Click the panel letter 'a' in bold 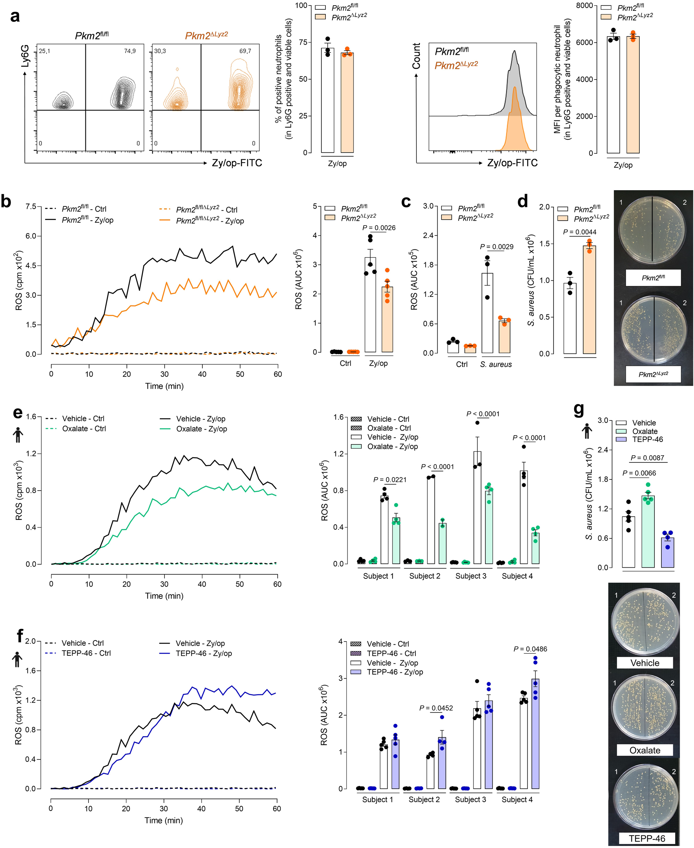tap(15, 17)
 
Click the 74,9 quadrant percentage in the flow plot tap(129, 51)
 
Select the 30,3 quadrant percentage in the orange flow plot tap(160, 51)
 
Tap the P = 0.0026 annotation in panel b tap(379, 228)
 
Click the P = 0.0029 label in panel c tap(497, 247)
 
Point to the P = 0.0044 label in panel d tap(579, 232)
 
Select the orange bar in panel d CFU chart tap(589, 300)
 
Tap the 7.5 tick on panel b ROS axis tap(31, 206)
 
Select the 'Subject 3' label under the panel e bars tap(471, 576)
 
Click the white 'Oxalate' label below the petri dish tap(644, 750)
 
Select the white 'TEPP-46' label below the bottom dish tap(646, 838)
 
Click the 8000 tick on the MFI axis tap(584, 6)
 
